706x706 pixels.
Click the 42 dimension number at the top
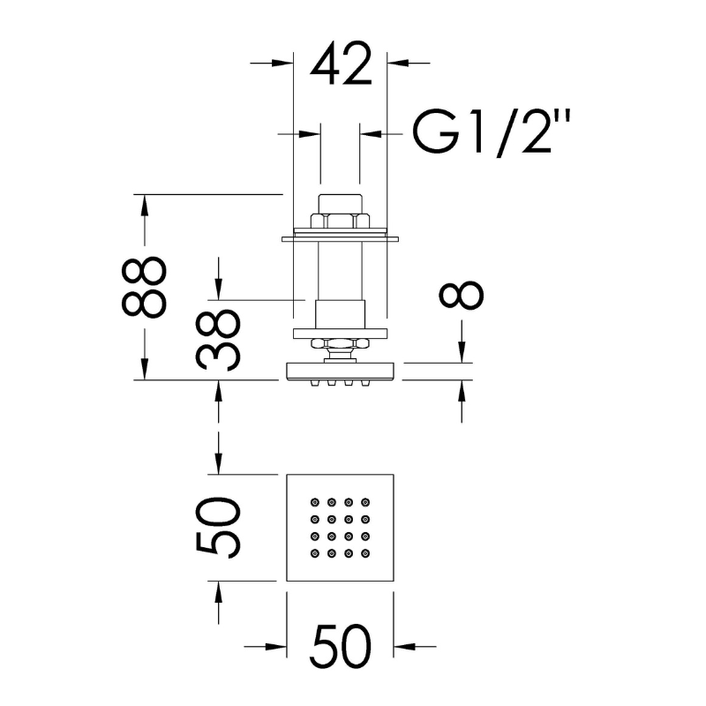(342, 63)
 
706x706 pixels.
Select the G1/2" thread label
(492, 133)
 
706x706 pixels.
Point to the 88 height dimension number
(144, 288)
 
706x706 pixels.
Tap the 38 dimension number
(218, 339)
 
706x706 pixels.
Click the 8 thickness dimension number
(462, 296)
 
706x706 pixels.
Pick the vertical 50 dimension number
(218, 527)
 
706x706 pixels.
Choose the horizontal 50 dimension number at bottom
(341, 647)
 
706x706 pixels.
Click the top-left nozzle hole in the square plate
(315, 501)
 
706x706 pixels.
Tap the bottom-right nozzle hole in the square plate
(365, 552)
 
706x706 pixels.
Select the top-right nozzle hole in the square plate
(365, 501)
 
